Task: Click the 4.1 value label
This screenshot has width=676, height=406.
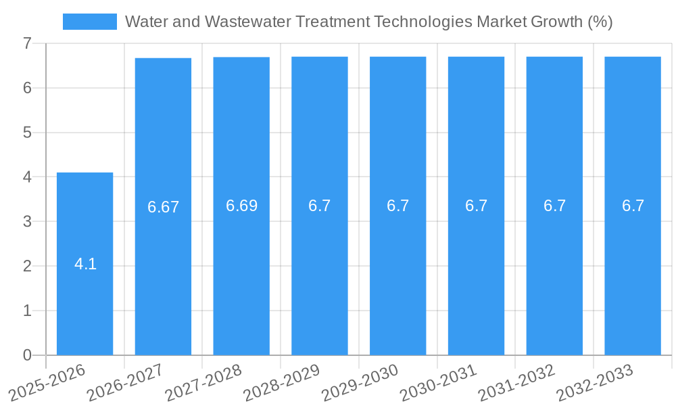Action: tap(85, 264)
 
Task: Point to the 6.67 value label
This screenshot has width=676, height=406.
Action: tap(163, 207)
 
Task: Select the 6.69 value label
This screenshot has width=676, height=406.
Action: tap(241, 206)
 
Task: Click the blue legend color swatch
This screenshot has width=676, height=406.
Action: tap(89, 22)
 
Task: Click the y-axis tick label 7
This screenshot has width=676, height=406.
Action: tap(27, 43)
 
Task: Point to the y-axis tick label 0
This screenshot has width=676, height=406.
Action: tap(27, 355)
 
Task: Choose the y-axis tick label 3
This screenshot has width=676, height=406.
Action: tap(27, 221)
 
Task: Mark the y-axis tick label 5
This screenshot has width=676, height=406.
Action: tap(27, 133)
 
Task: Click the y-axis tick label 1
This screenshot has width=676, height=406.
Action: tap(27, 311)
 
